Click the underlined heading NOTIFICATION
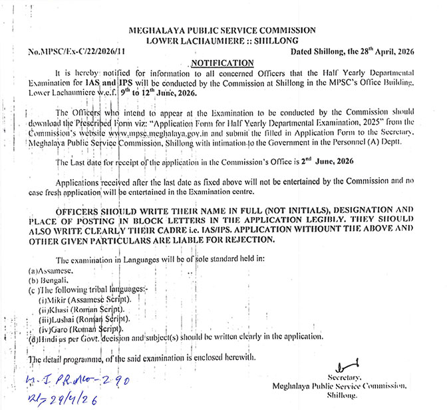point(223,63)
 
